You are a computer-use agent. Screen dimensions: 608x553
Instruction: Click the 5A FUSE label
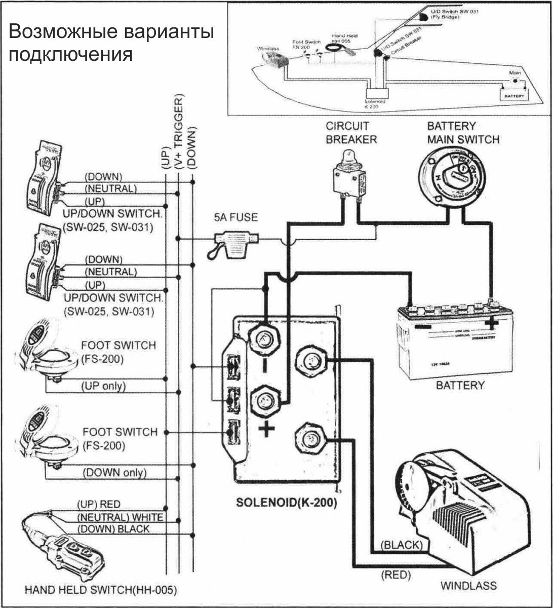236,218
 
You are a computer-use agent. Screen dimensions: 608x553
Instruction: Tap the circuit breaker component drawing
347,177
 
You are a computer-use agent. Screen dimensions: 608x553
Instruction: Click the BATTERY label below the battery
460,386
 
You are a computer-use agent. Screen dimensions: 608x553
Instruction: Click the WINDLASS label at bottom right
468,586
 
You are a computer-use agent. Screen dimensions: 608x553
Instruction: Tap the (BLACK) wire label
401,545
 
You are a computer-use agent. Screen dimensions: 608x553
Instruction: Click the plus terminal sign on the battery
491,323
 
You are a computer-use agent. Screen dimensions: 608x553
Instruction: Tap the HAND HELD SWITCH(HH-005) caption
101,590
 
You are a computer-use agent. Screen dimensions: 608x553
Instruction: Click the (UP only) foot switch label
103,386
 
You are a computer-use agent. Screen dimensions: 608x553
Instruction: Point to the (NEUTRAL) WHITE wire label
120,517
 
